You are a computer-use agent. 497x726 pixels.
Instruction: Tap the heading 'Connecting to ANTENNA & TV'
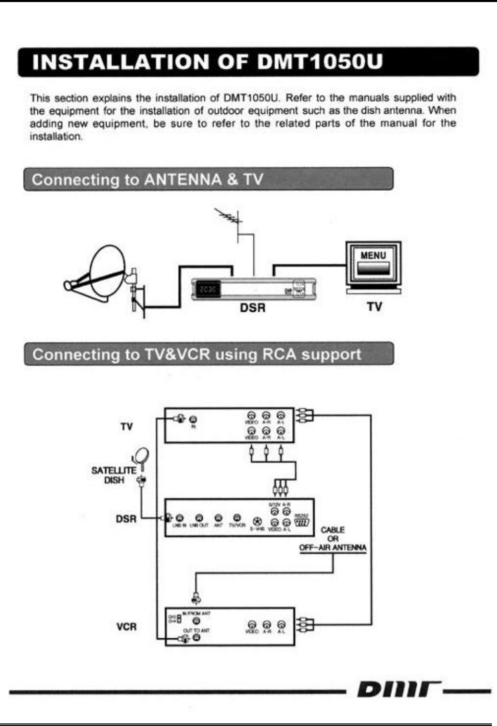(x=147, y=180)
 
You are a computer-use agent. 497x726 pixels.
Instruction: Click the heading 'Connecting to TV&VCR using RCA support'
(x=197, y=355)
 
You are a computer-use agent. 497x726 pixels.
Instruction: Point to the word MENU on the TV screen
(x=373, y=255)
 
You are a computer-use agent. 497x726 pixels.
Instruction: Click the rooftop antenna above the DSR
(x=229, y=218)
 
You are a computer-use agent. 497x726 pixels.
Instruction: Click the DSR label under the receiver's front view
(x=253, y=308)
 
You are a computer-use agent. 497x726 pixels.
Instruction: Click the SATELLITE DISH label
(x=114, y=475)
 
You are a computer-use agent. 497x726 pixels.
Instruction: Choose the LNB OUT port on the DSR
(x=199, y=518)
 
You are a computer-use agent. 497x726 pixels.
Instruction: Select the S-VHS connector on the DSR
(x=257, y=521)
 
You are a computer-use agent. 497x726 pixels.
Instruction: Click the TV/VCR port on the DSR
(x=237, y=518)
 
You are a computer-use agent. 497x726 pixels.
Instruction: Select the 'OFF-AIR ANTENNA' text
(x=333, y=547)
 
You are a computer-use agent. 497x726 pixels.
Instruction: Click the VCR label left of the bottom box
(x=126, y=627)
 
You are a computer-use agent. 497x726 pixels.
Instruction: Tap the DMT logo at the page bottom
(x=395, y=690)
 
